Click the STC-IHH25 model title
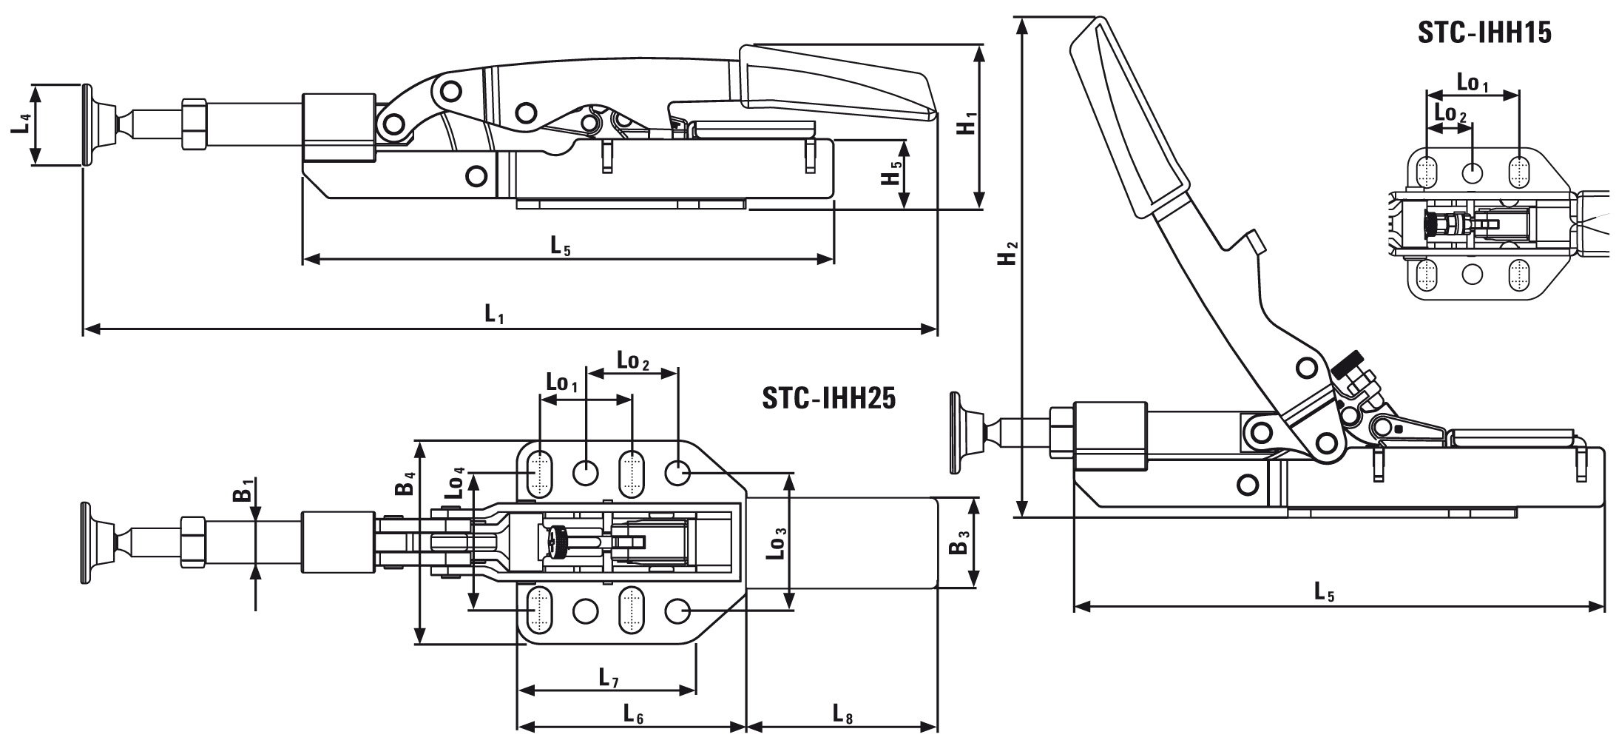click(x=828, y=399)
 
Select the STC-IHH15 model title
click(x=1484, y=33)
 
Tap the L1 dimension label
click(x=495, y=315)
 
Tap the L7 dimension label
click(x=608, y=678)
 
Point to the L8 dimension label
click(x=842, y=715)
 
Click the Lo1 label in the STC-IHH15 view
click(x=1472, y=82)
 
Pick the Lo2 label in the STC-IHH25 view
click(x=632, y=362)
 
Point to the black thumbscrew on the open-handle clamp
click(x=1348, y=365)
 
